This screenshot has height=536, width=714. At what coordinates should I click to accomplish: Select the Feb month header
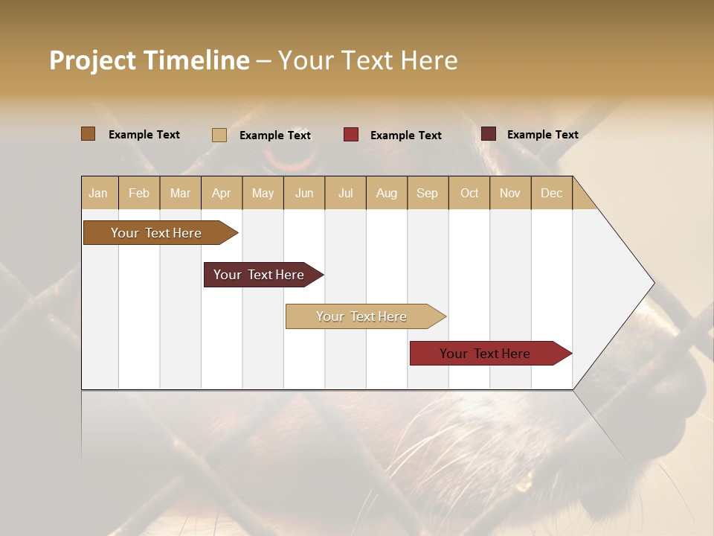pos(139,193)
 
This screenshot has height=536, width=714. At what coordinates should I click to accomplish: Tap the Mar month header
pos(180,193)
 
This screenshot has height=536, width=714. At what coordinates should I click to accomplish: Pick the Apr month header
pos(222,193)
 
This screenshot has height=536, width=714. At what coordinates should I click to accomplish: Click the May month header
pos(263,193)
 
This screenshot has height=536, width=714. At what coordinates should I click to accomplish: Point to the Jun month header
pos(304,193)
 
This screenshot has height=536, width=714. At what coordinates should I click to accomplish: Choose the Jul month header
pos(345,193)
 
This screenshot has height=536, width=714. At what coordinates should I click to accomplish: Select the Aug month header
pos(387,193)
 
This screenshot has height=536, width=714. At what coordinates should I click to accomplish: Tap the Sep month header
pos(428,193)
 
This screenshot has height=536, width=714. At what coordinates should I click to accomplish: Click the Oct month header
pos(469,193)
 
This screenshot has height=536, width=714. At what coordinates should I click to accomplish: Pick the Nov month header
pos(510,193)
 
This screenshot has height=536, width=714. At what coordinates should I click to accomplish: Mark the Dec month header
pos(552,193)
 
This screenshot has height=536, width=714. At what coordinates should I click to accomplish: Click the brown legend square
pos(89,134)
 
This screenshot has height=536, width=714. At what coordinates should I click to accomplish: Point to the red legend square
pos(351,135)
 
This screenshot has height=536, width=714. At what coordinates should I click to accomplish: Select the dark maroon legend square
pos(489,134)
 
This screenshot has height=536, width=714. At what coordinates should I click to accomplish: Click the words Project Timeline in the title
pos(149,60)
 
